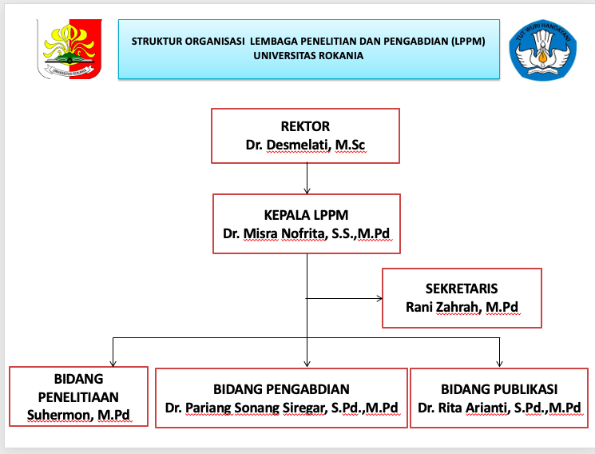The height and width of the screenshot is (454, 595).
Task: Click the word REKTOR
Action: (x=305, y=126)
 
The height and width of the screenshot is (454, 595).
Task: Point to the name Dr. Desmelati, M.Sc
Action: (x=305, y=145)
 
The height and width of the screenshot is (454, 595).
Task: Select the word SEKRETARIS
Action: (x=462, y=289)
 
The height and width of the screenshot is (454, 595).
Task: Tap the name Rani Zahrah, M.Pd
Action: (x=462, y=307)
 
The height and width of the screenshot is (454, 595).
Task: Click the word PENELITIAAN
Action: (x=78, y=396)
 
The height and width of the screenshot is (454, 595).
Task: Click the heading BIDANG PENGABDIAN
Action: (x=281, y=389)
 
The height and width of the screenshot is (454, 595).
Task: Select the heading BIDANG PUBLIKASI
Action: (x=499, y=389)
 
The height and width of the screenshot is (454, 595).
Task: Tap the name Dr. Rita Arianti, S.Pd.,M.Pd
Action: (x=499, y=408)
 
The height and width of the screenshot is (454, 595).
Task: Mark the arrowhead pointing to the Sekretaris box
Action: (x=379, y=299)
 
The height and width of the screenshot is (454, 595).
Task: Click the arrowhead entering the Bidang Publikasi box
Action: (x=500, y=364)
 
